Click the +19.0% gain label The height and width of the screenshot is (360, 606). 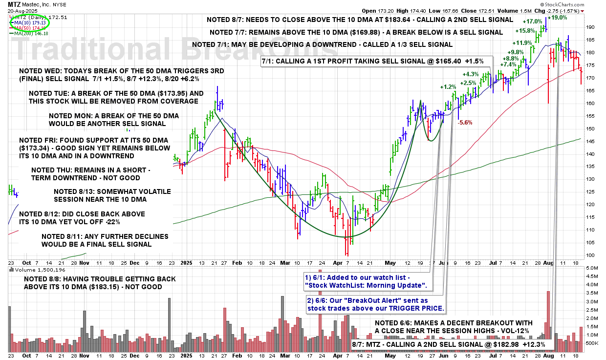558,18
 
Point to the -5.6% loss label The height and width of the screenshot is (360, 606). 465,123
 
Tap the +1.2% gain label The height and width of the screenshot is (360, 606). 448,87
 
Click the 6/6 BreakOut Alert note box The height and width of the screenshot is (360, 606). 375,304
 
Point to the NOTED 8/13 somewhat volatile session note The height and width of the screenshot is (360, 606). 107,195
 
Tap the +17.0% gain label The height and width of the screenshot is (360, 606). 532,21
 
